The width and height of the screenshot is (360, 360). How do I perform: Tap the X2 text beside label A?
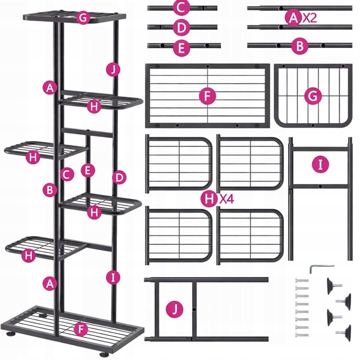pyautogui.click(x=309, y=18)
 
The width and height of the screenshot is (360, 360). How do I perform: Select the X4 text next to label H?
pyautogui.click(x=226, y=199)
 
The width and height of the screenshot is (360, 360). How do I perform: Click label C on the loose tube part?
pyautogui.click(x=181, y=8)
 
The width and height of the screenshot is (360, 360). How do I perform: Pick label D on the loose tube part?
pyautogui.click(x=181, y=27)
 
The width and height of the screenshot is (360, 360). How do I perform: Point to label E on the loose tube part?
pyautogui.click(x=181, y=48)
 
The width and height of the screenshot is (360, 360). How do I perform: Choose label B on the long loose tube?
pyautogui.click(x=300, y=46)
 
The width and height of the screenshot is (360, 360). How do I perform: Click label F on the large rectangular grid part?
pyautogui.click(x=207, y=95)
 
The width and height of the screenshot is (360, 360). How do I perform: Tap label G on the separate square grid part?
pyautogui.click(x=312, y=96)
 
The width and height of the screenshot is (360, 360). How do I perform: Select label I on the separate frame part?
pyautogui.click(x=320, y=164)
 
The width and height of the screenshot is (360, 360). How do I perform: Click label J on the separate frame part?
pyautogui.click(x=174, y=309)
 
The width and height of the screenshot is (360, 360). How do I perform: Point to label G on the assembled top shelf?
pyautogui.click(x=82, y=17)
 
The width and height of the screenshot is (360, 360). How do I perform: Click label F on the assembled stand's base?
pyautogui.click(x=81, y=329)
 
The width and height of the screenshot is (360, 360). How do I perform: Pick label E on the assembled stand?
pyautogui.click(x=88, y=170)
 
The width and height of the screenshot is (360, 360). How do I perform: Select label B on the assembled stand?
pyautogui.click(x=50, y=190)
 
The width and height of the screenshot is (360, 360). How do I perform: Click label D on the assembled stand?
pyautogui.click(x=119, y=177)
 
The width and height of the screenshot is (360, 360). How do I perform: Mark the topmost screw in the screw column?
pyautogui.click(x=301, y=280)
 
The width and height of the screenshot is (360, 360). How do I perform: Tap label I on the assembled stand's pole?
pyautogui.click(x=113, y=277)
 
